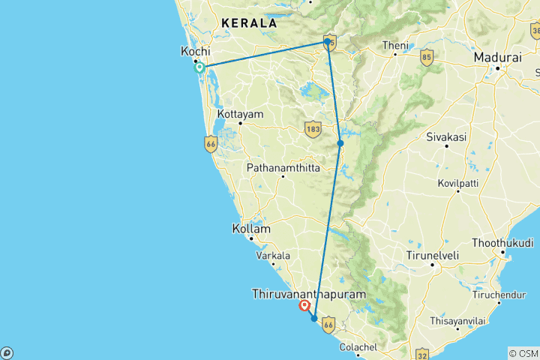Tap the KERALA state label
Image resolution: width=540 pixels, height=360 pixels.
coord(245,23)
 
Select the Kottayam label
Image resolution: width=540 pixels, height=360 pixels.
coord(241,114)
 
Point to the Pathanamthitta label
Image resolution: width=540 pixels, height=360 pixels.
coord(283,168)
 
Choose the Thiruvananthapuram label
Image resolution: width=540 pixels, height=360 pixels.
coord(310,294)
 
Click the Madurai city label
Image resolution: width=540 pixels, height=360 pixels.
coord(497,57)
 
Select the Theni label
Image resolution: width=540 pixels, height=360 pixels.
coord(395,45)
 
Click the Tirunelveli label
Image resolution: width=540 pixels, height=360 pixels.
coord(432,255)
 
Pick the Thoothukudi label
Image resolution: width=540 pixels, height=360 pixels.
coord(502,244)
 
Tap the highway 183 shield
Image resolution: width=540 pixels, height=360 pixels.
coord(313,130)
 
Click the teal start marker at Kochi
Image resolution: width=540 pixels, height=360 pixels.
coord(199,67)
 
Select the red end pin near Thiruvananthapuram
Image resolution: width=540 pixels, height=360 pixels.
coord(304,305)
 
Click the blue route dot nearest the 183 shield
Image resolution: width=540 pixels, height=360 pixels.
coord(340,143)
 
